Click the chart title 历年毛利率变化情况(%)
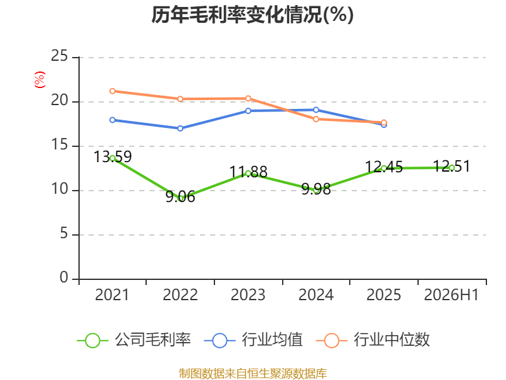coord(252,15)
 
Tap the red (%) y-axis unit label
coord(40,80)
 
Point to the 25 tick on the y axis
coord(59,56)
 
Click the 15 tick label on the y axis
coord(59,145)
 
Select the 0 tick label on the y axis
coord(64,277)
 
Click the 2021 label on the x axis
coord(112,294)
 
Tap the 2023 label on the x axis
coord(248,294)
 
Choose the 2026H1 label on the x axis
coord(452,294)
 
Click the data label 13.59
coord(113,156)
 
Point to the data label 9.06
coord(180,197)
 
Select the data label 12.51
coord(452,166)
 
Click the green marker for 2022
coord(180,198)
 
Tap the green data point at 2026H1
coord(452,168)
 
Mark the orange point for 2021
coord(113,91)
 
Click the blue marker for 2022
coord(180,129)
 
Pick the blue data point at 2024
coord(316,110)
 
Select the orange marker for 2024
coord(316,119)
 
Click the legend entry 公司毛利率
coord(134,340)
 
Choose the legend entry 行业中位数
coord(373,340)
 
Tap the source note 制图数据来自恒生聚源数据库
coord(253,374)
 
